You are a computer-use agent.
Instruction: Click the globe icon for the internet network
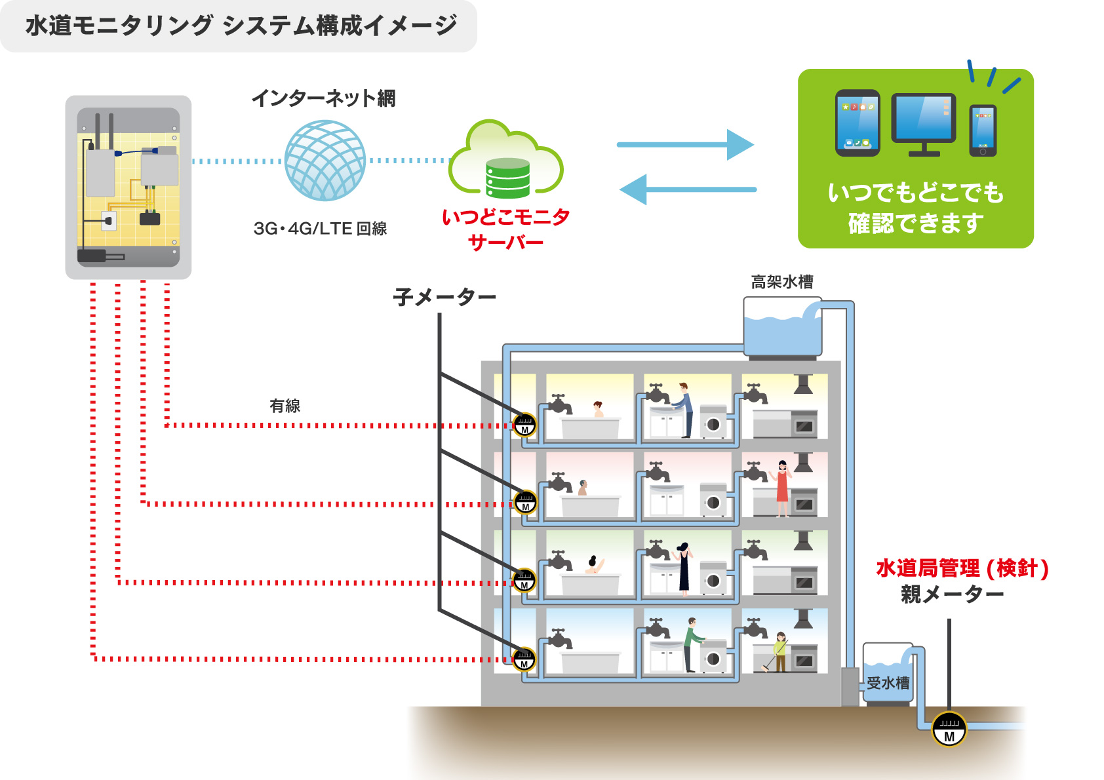(x=325, y=161)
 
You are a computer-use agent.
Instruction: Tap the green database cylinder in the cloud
(x=507, y=178)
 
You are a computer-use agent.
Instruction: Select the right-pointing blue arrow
(x=685, y=145)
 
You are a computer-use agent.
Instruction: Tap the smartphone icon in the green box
(x=983, y=130)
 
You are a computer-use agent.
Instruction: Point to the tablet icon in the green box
(x=858, y=123)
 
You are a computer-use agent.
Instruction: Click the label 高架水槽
(x=782, y=282)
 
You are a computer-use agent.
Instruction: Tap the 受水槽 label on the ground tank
(x=888, y=683)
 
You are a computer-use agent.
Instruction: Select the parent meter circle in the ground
(x=949, y=729)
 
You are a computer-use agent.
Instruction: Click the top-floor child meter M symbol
(x=524, y=425)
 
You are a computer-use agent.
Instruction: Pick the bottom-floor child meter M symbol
(x=524, y=659)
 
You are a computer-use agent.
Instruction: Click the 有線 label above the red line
(x=285, y=406)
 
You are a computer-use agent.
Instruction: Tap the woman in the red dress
(x=782, y=489)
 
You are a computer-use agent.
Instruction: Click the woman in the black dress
(x=684, y=568)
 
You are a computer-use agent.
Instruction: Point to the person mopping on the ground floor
(x=779, y=652)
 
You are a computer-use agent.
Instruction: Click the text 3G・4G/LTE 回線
(x=320, y=229)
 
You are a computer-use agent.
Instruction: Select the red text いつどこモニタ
(x=505, y=217)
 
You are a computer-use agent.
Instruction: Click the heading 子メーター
(x=444, y=297)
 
